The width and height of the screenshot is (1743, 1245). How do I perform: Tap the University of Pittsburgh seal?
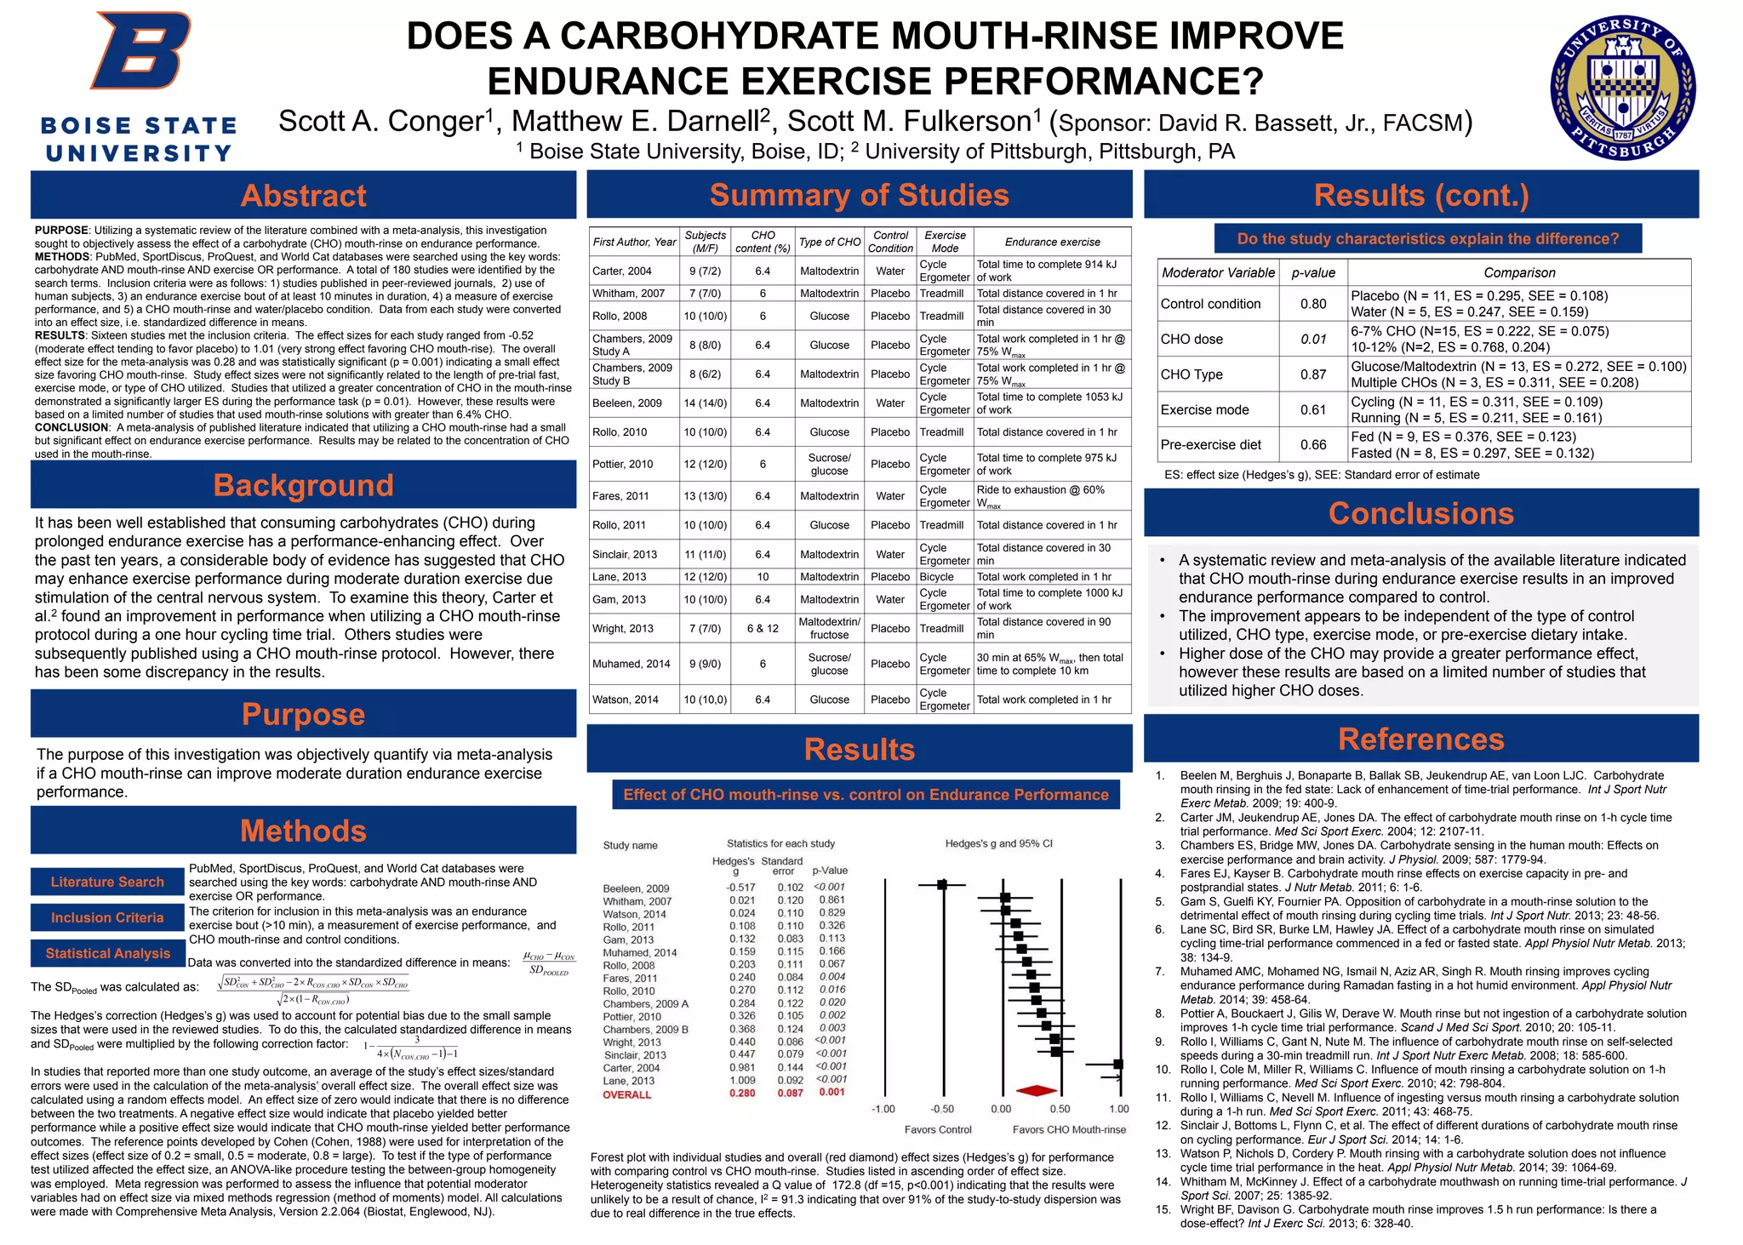pyautogui.click(x=1622, y=89)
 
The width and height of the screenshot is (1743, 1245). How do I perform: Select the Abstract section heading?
pyautogui.click(x=303, y=196)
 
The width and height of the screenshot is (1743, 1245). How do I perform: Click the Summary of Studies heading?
pyautogui.click(x=859, y=195)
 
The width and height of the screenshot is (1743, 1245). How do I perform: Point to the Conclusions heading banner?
pyautogui.click(x=1420, y=513)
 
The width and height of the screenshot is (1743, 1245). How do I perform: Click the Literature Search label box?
pyautogui.click(x=107, y=882)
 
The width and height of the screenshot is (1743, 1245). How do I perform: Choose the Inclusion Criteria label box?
pyautogui.click(x=107, y=917)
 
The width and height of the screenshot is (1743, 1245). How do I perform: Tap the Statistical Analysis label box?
pyautogui.click(x=108, y=953)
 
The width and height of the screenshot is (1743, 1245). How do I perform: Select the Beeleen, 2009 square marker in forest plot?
pyautogui.click(x=941, y=885)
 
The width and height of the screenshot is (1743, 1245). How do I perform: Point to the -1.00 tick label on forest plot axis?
pyautogui.click(x=883, y=1109)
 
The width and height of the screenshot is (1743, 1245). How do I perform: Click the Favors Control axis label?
pyautogui.click(x=938, y=1129)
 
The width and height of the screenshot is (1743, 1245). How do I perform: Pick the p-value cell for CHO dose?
pyautogui.click(x=1313, y=339)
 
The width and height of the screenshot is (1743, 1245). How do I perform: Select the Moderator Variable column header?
pyautogui.click(x=1218, y=272)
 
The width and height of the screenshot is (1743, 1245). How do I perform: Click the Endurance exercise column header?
pyautogui.click(x=1052, y=242)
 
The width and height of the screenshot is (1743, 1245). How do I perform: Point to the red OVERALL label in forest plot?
pyautogui.click(x=627, y=1094)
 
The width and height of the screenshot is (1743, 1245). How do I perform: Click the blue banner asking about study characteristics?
pyautogui.click(x=1427, y=239)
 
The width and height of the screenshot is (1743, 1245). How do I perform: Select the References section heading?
pyautogui.click(x=1420, y=739)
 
